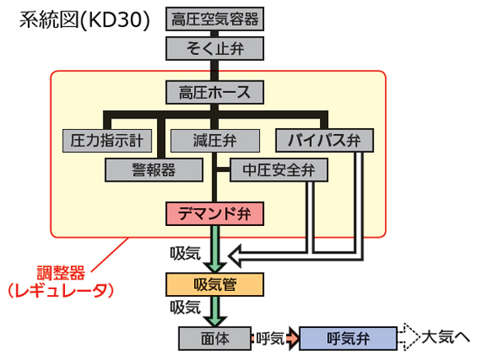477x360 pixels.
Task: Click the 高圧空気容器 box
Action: [215, 19]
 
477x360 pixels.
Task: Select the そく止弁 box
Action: [215, 48]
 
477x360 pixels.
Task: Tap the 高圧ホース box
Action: [215, 92]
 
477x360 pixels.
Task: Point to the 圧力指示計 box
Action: [107, 141]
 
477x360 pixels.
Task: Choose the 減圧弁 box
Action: [215, 141]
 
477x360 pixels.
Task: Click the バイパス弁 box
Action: [325, 141]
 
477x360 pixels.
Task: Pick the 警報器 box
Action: [154, 170]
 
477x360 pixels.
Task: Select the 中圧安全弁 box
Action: [279, 170]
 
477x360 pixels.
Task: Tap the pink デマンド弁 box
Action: [215, 214]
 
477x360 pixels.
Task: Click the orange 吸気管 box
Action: [215, 284]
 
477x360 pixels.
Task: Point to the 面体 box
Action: [215, 339]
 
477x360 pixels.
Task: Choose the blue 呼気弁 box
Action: [349, 339]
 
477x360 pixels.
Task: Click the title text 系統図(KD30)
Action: [85, 20]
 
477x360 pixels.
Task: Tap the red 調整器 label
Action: [61, 273]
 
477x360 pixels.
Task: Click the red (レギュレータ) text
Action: [61, 290]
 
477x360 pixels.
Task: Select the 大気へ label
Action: [446, 337]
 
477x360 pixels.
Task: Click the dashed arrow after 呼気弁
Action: [410, 337]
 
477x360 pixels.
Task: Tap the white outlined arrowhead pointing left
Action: [236, 256]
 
